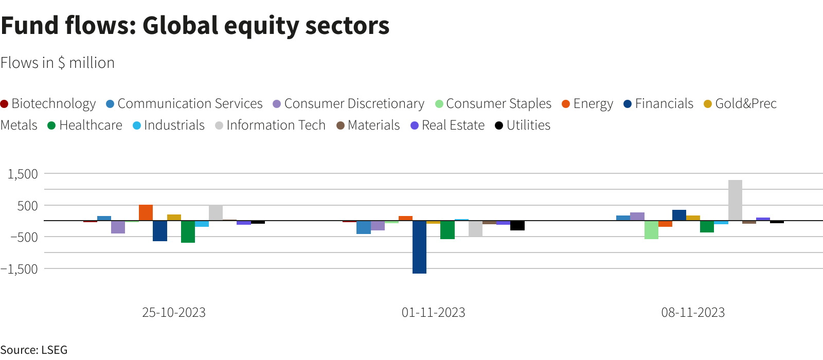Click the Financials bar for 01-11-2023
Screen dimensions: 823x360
coord(419,247)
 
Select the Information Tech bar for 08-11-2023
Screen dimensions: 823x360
coord(735,200)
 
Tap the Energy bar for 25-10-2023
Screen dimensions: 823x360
coord(146,213)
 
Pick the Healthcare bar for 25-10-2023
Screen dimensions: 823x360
coord(188,232)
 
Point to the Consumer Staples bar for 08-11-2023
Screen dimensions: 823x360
coord(651,230)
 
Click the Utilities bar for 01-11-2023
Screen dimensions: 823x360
coord(517,226)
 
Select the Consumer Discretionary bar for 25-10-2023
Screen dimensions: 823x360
coord(118,227)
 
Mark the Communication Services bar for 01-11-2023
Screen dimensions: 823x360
coord(363,227)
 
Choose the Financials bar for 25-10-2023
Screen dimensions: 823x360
coord(160,231)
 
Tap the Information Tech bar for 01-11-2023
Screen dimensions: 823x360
coord(475,229)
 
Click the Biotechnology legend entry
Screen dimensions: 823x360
coord(48,104)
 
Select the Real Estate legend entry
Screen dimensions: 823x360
coord(448,125)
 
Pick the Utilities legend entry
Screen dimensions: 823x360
coord(523,125)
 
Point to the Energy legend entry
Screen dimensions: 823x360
coord(587,104)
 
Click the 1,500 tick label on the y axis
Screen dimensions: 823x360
coord(23,174)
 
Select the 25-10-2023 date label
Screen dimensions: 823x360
coord(174,313)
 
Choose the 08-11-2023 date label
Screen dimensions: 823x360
coord(693,313)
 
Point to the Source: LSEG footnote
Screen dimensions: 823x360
coord(34,350)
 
